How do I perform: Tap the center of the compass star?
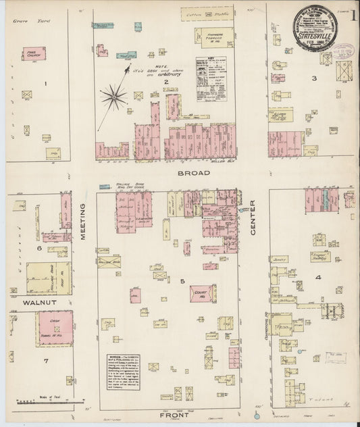pos(113,97)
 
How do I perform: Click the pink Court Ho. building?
pos(201,293)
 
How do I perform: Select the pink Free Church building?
pos(33,53)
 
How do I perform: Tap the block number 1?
pos(46,83)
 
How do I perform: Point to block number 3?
pos(314,79)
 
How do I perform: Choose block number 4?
pos(317,276)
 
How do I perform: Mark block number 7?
pos(46,360)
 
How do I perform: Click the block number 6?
pos(39,248)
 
